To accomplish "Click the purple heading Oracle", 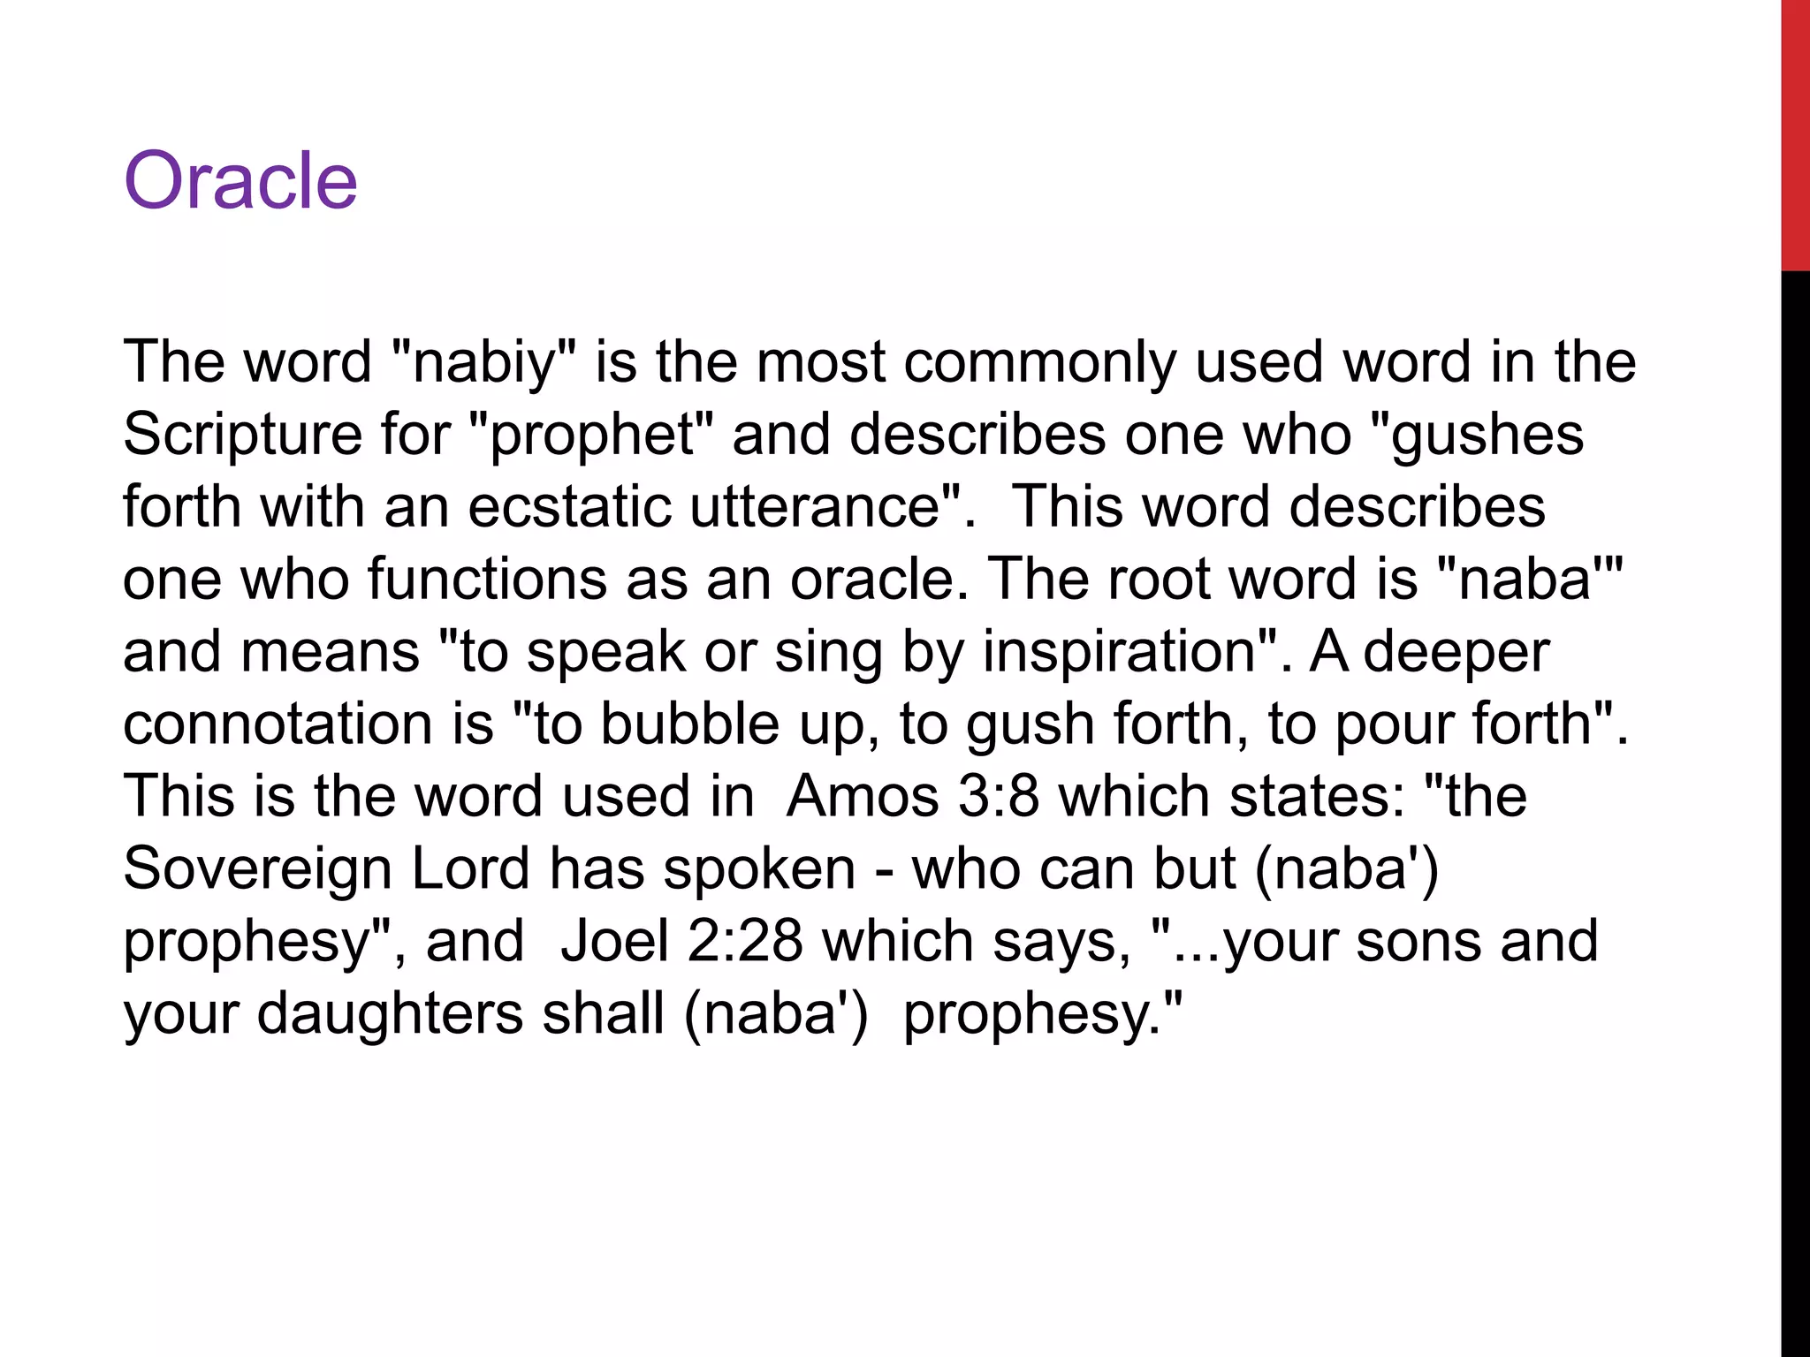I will (x=240, y=180).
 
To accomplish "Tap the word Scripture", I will (x=242, y=435).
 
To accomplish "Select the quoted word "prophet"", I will (x=590, y=435).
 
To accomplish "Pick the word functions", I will (x=487, y=580).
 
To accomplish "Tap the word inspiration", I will (x=1119, y=652).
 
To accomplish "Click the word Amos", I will (x=863, y=797).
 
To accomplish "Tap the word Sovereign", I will (x=257, y=869).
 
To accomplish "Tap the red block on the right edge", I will (x=1795, y=134).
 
